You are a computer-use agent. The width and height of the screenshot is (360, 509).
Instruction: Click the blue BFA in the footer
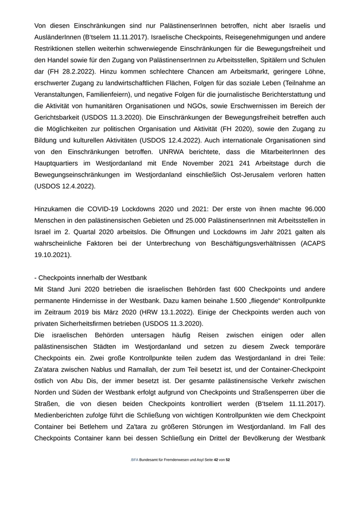[134, 460]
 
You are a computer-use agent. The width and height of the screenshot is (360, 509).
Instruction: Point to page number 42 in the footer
[216, 460]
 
